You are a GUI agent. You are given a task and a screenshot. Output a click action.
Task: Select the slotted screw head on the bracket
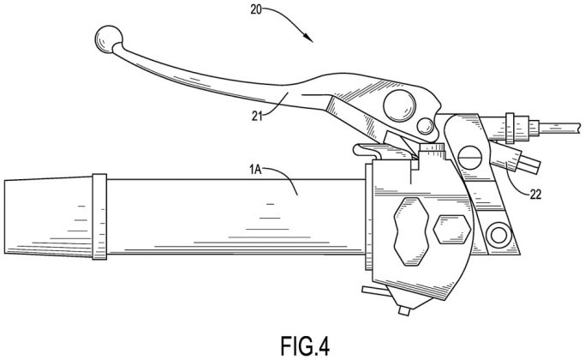[x=468, y=157]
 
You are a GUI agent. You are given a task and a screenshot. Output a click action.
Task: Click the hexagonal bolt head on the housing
[x=449, y=230]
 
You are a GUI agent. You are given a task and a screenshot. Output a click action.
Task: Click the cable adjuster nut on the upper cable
[x=513, y=127]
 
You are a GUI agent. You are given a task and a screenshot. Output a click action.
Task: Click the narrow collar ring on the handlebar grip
[x=98, y=218]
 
